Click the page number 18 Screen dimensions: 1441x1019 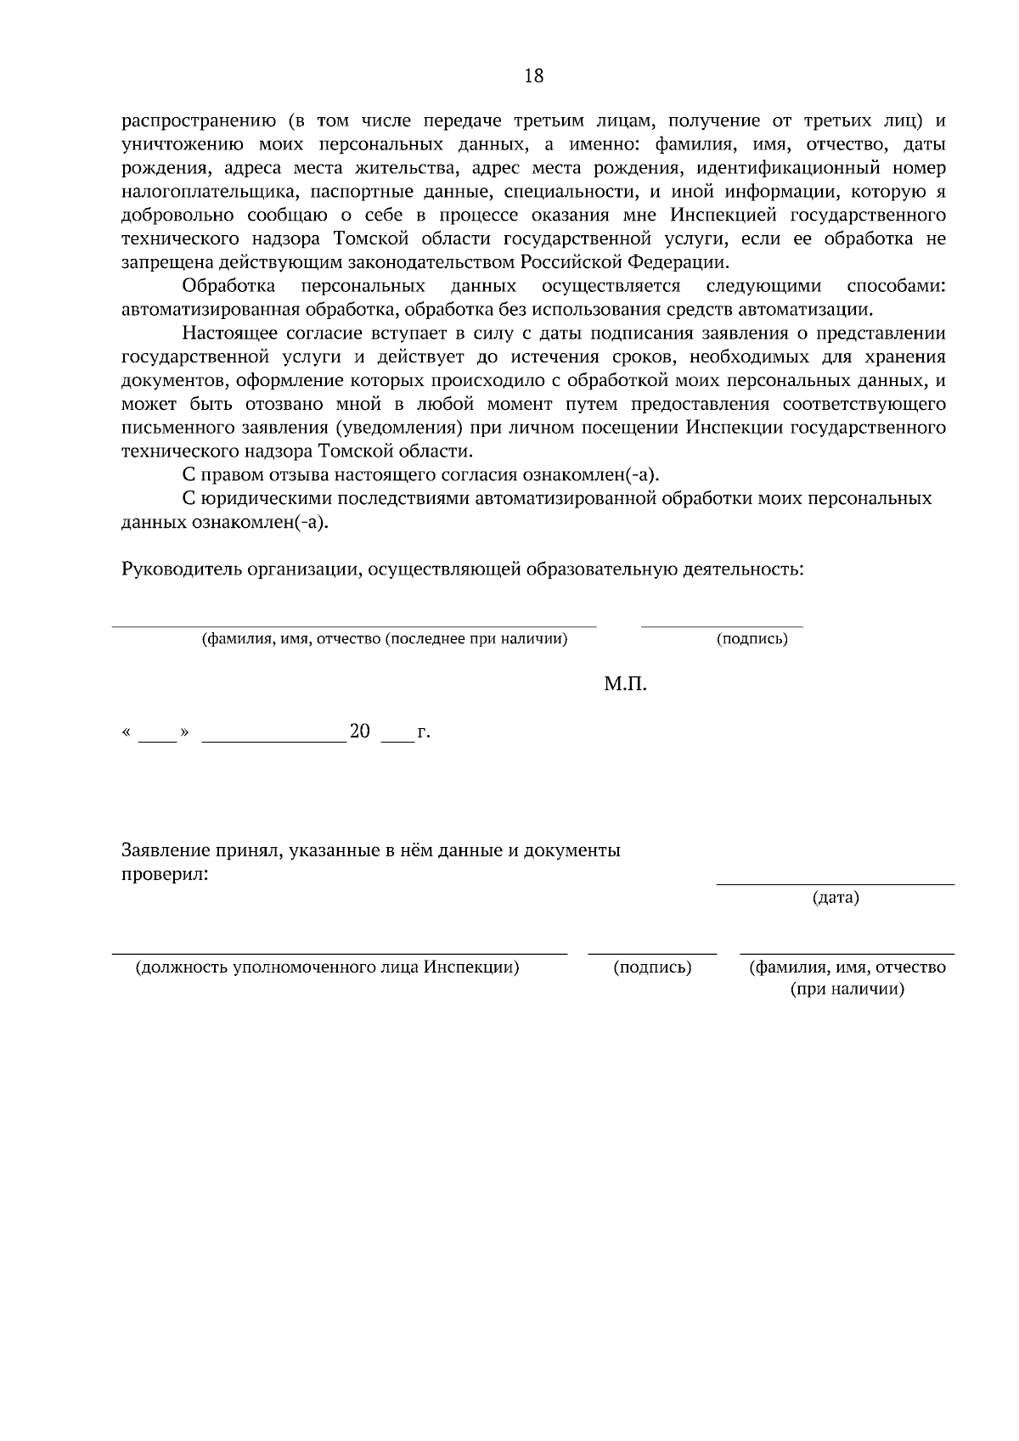point(534,76)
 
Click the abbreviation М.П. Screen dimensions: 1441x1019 point(625,684)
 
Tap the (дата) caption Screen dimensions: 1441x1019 point(836,897)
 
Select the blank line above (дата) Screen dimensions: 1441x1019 point(836,884)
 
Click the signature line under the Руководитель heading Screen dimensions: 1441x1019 point(721,626)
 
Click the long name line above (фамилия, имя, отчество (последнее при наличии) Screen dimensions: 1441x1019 point(354,626)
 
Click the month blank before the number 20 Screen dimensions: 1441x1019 point(273,739)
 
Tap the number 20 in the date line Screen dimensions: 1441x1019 point(360,732)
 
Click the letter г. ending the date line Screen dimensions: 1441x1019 point(424,732)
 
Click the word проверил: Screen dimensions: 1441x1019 point(165,874)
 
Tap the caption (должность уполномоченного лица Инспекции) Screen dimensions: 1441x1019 point(328,967)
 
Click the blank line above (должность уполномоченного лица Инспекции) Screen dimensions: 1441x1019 point(340,954)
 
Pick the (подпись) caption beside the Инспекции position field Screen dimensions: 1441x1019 point(652,967)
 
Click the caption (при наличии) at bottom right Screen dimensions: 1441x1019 point(847,990)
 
